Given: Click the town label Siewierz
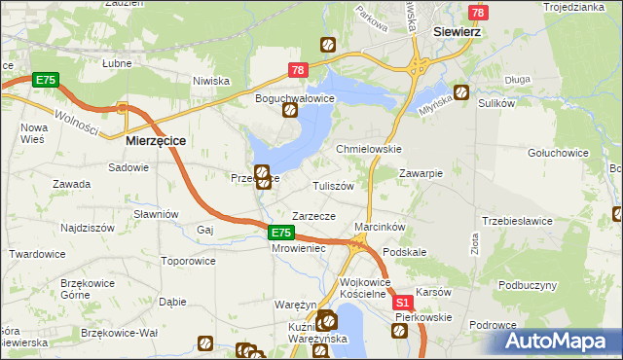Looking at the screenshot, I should pyautogui.click(x=459, y=30).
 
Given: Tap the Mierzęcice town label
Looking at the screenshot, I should pyautogui.click(x=157, y=140).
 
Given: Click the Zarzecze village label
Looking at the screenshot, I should pyautogui.click(x=313, y=216).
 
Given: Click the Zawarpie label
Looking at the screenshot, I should pyautogui.click(x=421, y=173).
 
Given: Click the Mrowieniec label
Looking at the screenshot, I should pyautogui.click(x=298, y=247).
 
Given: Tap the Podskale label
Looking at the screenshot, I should pyautogui.click(x=405, y=252).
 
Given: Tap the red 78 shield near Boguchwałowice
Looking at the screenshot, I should pyautogui.click(x=298, y=70).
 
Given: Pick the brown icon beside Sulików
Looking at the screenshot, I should pyautogui.click(x=461, y=94).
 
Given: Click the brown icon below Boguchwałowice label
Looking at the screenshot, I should pyautogui.click(x=290, y=111).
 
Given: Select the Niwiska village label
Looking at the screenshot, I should pyautogui.click(x=210, y=81).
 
